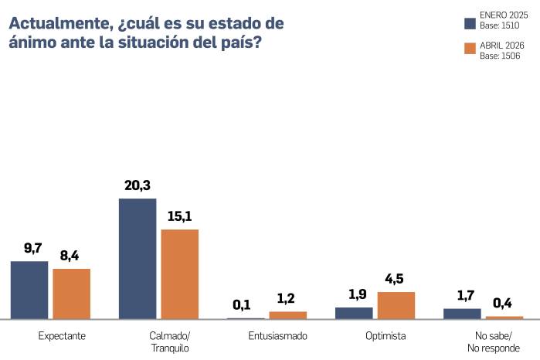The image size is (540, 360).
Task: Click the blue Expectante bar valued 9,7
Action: click(x=29, y=290)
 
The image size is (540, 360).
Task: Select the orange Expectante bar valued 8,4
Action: click(x=72, y=294)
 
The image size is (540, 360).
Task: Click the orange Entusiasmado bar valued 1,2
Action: click(x=288, y=315)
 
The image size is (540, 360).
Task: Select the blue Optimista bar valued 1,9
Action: click(x=354, y=313)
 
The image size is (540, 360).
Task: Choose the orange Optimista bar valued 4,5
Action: click(x=396, y=305)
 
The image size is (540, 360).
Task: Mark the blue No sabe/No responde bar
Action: click(x=462, y=314)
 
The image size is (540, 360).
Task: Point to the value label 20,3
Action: click(x=137, y=185)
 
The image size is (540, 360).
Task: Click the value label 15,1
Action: click(x=179, y=216)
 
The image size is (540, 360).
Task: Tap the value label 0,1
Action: click(x=245, y=304)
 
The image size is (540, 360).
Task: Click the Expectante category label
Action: click(x=62, y=336)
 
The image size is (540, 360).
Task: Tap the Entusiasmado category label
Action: click(x=278, y=336)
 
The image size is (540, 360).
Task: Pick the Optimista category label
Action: click(x=385, y=336)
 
